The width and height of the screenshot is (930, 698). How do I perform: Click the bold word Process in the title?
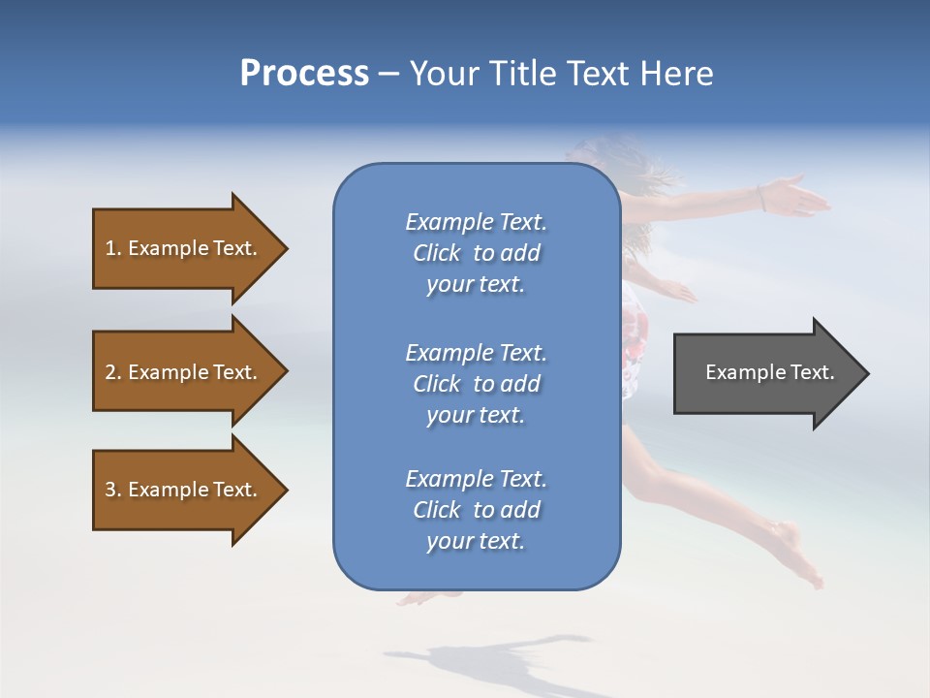304,74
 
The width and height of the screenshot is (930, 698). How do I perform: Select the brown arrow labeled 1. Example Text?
184,248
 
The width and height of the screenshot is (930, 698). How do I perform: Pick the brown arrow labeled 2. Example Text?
184,372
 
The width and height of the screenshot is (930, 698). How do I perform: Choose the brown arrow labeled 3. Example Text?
184,490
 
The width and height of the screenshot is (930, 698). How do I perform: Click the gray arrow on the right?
765,373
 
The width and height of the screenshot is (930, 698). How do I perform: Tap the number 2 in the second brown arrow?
110,372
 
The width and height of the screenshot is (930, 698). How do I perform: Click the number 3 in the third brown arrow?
110,490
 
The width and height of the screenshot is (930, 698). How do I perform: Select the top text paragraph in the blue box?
476,253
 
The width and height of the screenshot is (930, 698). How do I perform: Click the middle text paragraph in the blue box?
476,384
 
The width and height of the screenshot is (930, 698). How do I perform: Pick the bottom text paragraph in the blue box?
476,510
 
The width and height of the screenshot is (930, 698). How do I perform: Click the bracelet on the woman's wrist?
762,200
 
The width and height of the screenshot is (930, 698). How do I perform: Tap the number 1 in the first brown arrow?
109,248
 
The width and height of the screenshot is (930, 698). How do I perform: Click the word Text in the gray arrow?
814,372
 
